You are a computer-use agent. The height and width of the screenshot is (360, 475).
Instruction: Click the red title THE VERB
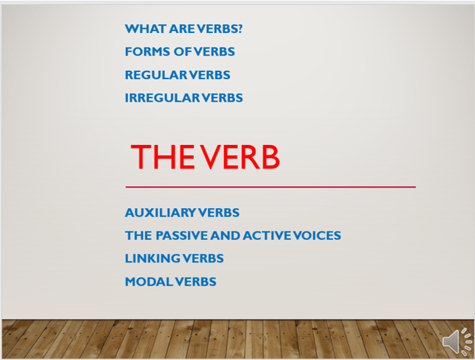point(205,157)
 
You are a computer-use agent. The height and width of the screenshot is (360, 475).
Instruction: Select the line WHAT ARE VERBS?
point(184,29)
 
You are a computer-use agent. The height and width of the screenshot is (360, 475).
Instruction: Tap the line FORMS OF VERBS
point(179,52)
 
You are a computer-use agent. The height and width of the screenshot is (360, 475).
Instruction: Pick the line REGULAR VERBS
point(177,75)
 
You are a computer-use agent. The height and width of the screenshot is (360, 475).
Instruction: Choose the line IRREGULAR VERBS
point(184,98)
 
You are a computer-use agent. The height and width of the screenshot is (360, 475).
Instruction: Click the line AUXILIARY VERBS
point(182,213)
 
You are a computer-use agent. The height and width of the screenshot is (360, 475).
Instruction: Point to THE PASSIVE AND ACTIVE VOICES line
point(232,236)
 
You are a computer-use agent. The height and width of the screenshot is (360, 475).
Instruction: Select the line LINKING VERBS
point(174,258)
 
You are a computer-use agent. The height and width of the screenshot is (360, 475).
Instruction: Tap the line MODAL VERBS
point(170,281)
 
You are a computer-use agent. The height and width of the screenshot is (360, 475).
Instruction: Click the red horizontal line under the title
point(270,186)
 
